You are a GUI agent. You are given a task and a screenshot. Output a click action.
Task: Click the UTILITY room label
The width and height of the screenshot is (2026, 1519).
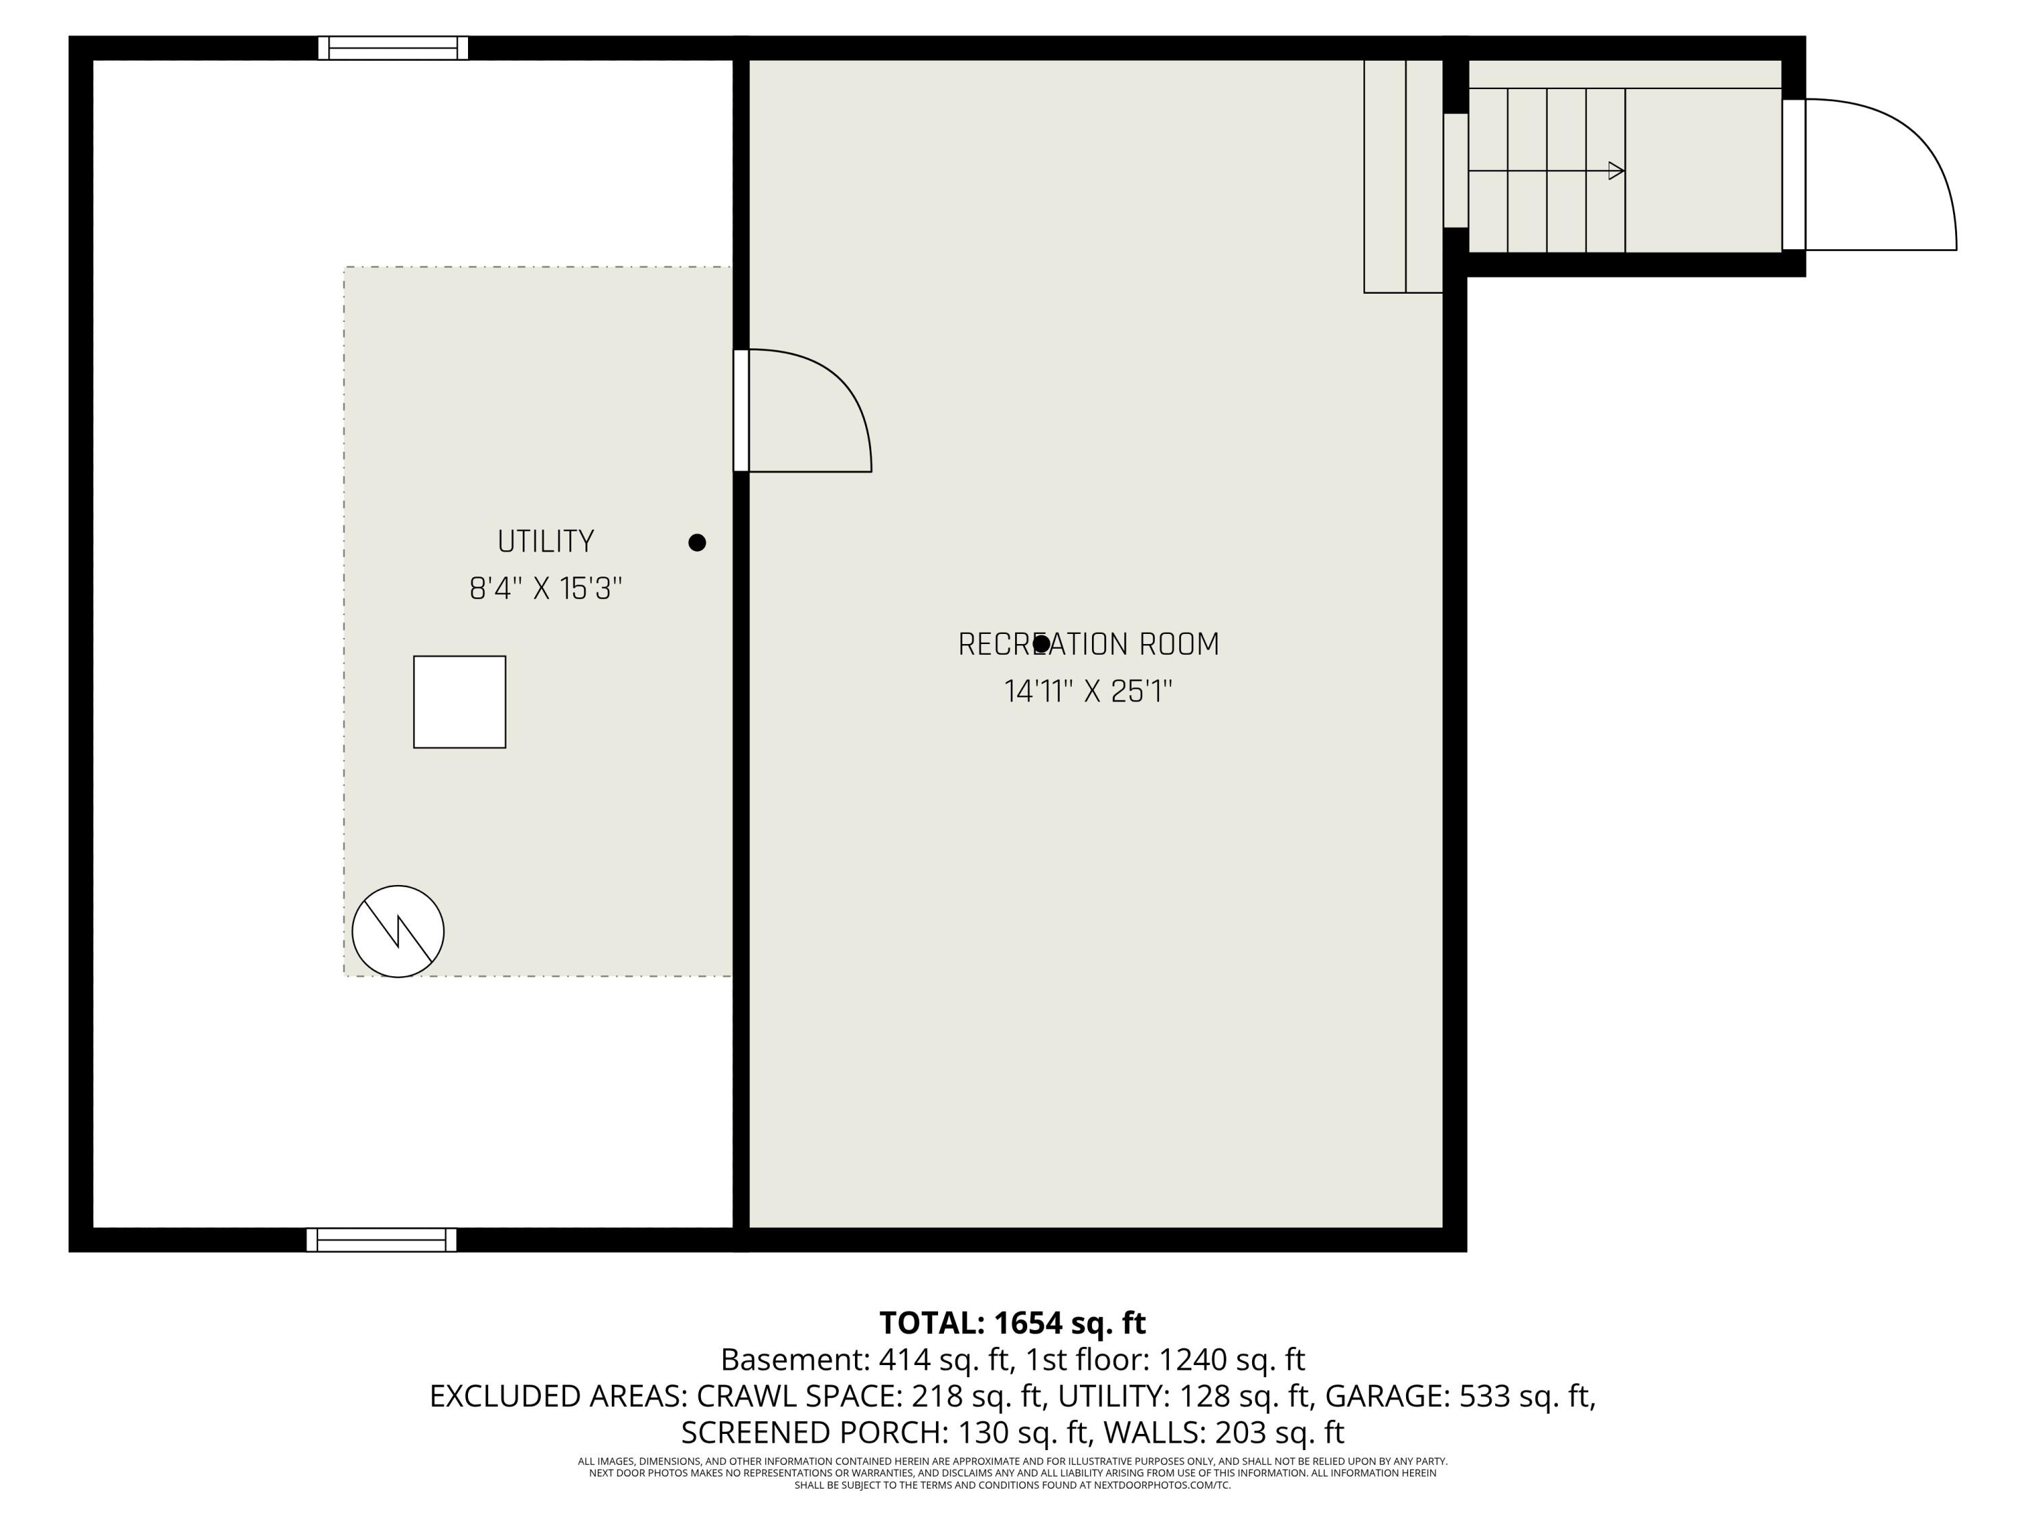click(x=546, y=541)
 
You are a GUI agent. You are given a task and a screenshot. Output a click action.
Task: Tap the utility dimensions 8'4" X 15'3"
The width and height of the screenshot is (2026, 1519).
click(x=546, y=588)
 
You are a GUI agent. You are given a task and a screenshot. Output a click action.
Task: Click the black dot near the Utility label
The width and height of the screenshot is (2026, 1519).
click(x=697, y=543)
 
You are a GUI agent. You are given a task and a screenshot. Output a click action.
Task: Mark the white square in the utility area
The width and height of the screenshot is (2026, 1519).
click(x=460, y=702)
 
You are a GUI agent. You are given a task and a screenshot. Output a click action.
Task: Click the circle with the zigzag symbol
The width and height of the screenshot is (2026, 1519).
click(x=398, y=931)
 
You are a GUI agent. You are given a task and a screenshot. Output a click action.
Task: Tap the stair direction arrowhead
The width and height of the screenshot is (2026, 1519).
click(x=1617, y=170)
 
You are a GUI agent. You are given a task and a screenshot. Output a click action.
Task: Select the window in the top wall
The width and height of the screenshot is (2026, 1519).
click(x=393, y=48)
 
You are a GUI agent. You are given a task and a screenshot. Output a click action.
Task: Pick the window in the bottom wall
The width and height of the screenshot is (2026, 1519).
click(x=381, y=1240)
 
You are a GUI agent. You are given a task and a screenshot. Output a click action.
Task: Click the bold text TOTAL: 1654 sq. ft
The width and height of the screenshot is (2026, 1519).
click(x=1012, y=1323)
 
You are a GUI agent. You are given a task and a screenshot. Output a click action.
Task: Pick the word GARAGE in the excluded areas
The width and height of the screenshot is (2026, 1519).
click(x=1386, y=1396)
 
